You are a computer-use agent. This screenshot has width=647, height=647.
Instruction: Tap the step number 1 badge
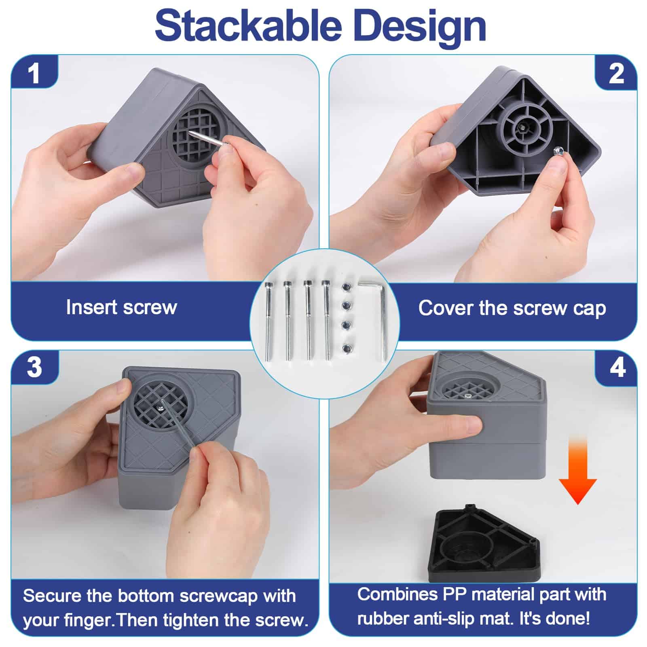35,73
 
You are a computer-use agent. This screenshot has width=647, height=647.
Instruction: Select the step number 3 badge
35,368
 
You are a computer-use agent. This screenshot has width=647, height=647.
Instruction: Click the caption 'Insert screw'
121,307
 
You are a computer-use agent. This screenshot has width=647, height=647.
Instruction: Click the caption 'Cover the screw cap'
512,308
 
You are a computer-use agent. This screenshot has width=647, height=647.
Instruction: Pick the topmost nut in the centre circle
345,286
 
